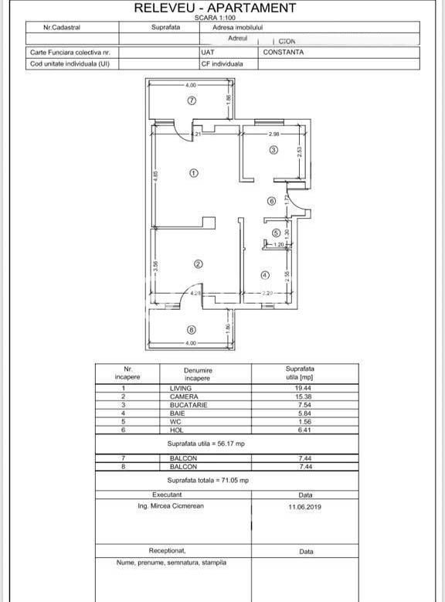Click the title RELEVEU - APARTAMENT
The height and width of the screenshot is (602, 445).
(215, 8)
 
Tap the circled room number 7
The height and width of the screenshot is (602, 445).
(192, 100)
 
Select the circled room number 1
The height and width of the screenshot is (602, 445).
(193, 173)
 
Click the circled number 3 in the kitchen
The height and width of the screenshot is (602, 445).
(273, 150)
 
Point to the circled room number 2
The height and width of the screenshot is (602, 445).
(198, 264)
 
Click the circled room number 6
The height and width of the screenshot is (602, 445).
(271, 202)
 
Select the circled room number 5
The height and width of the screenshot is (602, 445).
(276, 233)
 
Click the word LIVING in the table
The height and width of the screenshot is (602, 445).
(181, 388)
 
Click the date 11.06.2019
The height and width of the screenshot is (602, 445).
(305, 508)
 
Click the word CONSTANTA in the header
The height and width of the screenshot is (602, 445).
(284, 53)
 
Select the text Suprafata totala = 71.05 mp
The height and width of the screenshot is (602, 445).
(208, 480)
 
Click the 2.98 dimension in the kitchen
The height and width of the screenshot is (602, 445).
(273, 134)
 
